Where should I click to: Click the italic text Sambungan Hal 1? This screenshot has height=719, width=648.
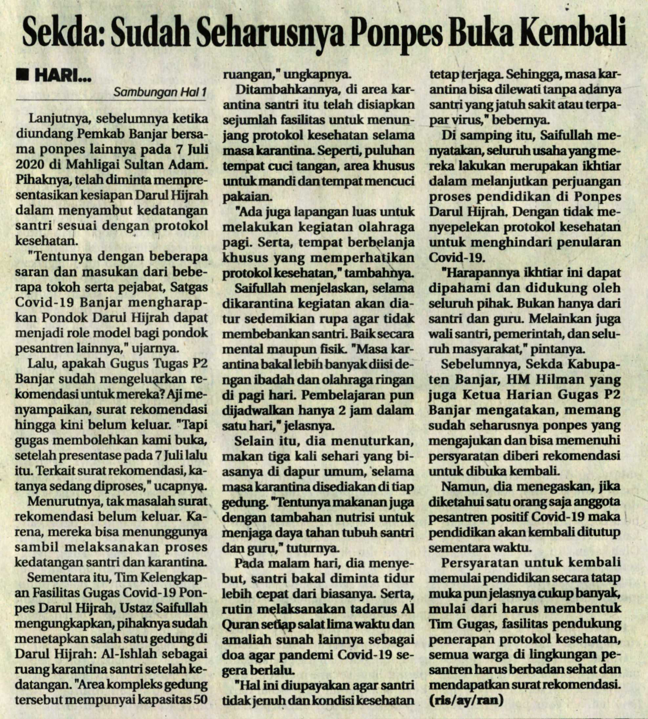pyautogui.click(x=160, y=93)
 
